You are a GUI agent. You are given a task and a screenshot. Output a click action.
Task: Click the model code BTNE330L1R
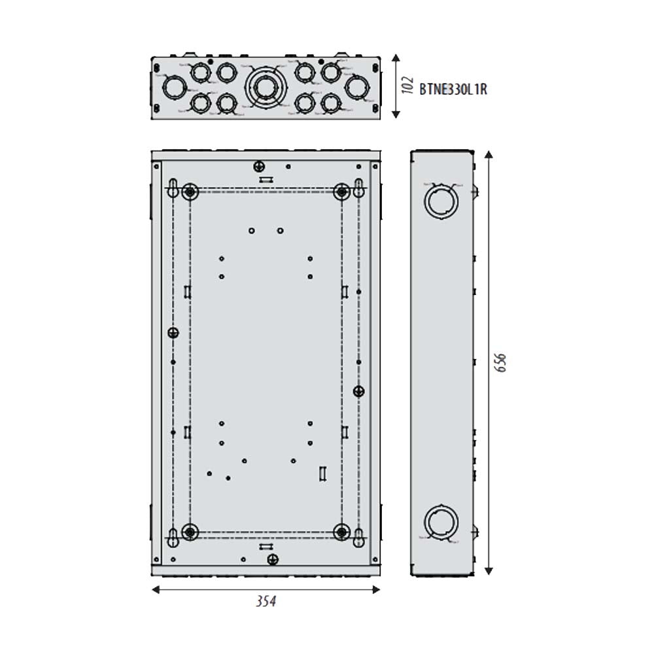coord(453,90)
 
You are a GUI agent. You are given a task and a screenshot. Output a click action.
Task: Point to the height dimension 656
coord(500,362)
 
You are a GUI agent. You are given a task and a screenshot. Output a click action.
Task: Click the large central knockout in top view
coord(265,87)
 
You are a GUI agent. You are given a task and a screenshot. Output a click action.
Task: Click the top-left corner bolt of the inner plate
coord(190,192)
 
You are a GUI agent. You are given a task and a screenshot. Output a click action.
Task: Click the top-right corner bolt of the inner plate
coord(341,192)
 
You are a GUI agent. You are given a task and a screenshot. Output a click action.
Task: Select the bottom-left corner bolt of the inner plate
coord(190,532)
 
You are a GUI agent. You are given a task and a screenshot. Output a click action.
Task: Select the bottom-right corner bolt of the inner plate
coord(341,532)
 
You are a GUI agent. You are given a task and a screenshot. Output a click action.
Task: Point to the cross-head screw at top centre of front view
coord(259,166)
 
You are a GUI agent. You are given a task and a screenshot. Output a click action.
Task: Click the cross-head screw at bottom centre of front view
coord(273,559)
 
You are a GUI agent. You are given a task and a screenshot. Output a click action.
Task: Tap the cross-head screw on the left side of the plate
coord(173,332)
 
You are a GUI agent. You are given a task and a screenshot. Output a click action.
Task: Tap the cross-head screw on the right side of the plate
coord(358,391)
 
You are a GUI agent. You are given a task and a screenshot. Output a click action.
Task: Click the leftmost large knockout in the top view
coord(174,88)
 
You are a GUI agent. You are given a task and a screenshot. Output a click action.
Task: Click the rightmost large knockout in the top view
coord(356,88)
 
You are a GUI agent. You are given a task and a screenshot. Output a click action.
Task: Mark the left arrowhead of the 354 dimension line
coord(154,590)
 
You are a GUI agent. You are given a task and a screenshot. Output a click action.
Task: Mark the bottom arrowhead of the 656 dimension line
coord(488,572)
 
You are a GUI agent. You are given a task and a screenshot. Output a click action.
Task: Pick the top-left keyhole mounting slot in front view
coord(173,187)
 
